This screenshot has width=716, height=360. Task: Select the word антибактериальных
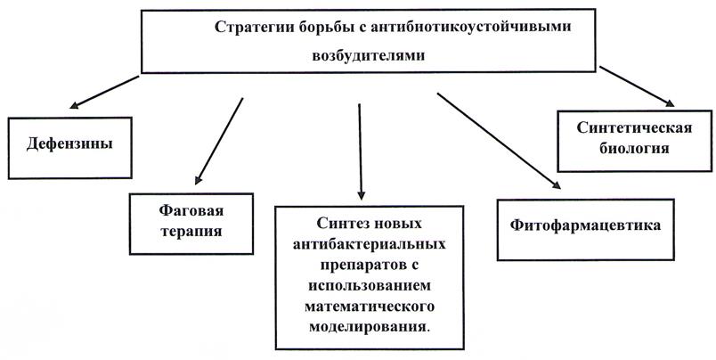(x=369, y=243)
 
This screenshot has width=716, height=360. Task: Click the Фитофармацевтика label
(x=585, y=226)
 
